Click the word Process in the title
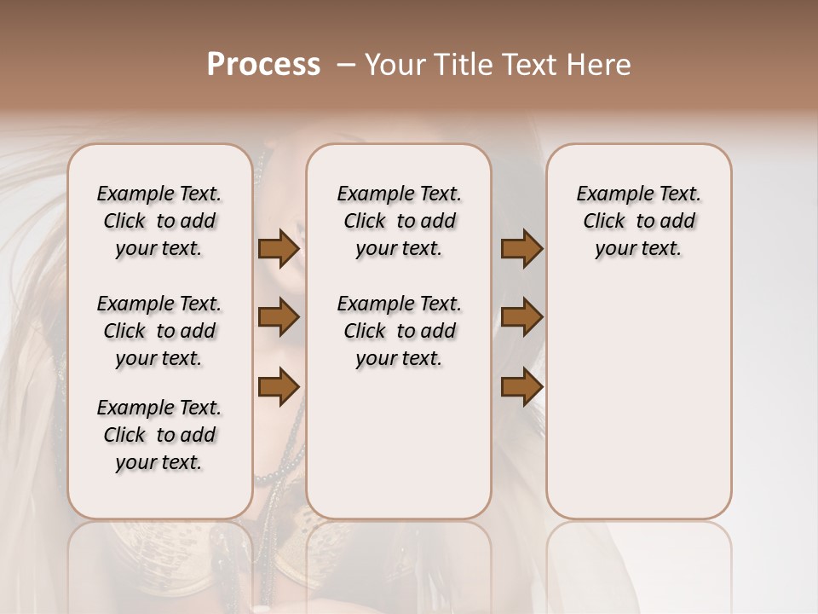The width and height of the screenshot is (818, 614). [263, 65]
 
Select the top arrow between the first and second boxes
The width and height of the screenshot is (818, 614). [279, 249]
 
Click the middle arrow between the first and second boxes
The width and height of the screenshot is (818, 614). [279, 318]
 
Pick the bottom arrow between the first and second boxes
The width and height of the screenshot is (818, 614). [279, 386]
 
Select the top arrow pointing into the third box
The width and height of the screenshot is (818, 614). [521, 249]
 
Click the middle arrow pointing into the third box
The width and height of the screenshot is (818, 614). [521, 318]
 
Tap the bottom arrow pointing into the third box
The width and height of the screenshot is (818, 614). [521, 386]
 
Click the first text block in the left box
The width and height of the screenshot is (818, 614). [159, 221]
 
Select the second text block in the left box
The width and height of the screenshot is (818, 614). [159, 331]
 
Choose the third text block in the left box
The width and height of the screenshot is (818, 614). [159, 435]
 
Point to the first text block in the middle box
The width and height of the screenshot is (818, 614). [399, 221]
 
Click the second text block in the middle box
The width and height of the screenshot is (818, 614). [399, 331]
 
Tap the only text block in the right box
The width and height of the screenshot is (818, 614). [638, 221]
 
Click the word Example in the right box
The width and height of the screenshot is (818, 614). [608, 194]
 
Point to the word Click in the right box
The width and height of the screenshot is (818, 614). [604, 222]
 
